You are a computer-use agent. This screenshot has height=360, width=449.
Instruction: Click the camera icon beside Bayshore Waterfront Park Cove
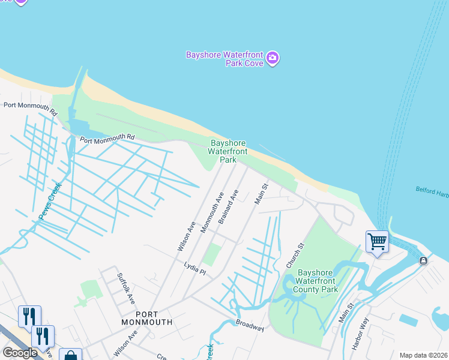click(273, 58)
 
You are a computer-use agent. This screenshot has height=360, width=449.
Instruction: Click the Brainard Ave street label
click(228, 207)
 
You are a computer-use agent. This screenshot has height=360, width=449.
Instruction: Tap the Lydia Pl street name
click(194, 268)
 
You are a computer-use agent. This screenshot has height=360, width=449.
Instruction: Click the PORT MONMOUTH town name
click(154, 318)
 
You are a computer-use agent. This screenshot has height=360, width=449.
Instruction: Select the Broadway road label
click(250, 325)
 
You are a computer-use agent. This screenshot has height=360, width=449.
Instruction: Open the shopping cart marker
click(377, 242)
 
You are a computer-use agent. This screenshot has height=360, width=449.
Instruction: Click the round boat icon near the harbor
click(423, 260)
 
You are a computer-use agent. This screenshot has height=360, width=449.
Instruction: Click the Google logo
click(20, 353)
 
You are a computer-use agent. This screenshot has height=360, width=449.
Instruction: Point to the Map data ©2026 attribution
click(423, 355)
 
